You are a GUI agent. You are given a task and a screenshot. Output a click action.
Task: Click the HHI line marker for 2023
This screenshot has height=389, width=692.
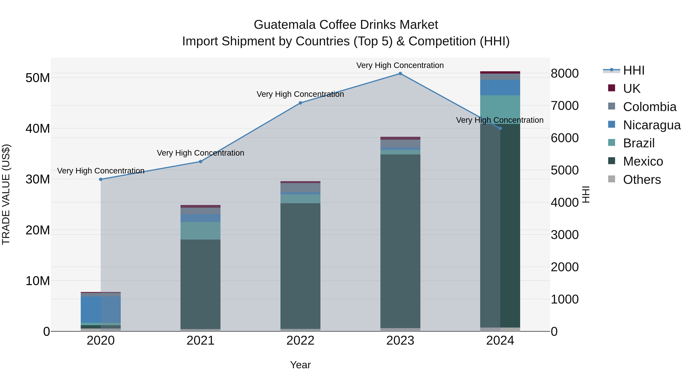click(x=400, y=74)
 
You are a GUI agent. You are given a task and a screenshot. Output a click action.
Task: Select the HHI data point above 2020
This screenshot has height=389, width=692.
click(x=101, y=179)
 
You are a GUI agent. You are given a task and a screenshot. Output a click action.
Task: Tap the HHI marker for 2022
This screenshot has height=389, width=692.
click(x=300, y=103)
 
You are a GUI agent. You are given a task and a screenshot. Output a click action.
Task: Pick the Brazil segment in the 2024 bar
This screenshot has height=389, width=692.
click(x=500, y=109)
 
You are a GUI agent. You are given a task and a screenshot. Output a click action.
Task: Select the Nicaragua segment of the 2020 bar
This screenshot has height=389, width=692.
click(x=101, y=309)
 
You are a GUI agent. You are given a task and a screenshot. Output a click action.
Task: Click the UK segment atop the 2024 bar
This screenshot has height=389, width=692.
click(x=500, y=72)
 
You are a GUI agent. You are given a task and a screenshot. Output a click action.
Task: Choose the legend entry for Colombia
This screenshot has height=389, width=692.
click(x=649, y=107)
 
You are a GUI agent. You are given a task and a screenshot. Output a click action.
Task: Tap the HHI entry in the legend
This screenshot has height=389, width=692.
click(x=633, y=70)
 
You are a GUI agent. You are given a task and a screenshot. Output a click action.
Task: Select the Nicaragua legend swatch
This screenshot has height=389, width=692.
click(x=611, y=124)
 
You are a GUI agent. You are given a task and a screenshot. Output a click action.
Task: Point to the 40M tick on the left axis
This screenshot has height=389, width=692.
click(x=38, y=129)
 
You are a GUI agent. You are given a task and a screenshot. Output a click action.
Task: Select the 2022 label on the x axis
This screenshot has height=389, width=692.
click(x=300, y=341)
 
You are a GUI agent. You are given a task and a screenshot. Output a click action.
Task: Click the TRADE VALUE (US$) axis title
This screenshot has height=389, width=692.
click(x=6, y=194)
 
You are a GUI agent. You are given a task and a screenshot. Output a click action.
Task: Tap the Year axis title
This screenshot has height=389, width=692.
click(x=300, y=365)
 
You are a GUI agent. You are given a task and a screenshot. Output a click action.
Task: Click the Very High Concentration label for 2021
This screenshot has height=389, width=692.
click(x=200, y=153)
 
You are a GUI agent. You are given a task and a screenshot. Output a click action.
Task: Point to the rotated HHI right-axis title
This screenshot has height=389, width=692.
click(x=586, y=194)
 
